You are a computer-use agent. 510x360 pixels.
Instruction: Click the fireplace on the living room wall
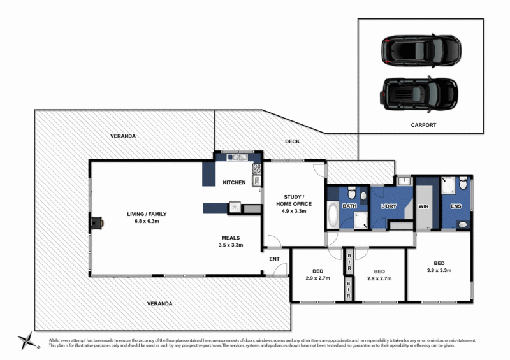[95, 222]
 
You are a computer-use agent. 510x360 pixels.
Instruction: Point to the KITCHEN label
[234, 183]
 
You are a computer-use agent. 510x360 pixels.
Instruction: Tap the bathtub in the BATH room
[333, 215]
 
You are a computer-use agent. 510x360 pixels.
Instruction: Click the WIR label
[423, 206]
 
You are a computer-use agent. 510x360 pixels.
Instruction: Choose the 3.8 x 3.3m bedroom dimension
[439, 271]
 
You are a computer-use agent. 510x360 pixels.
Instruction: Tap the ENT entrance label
[274, 259]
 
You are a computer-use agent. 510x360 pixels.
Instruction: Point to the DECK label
[292, 141]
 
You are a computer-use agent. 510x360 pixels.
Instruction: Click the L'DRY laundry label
[389, 206]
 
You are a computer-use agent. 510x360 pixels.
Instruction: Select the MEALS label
[231, 237]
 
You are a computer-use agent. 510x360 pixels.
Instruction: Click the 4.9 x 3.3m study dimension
[294, 211]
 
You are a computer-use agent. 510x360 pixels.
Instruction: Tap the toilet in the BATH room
[362, 196]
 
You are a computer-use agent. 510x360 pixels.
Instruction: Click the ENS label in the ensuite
[456, 206]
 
